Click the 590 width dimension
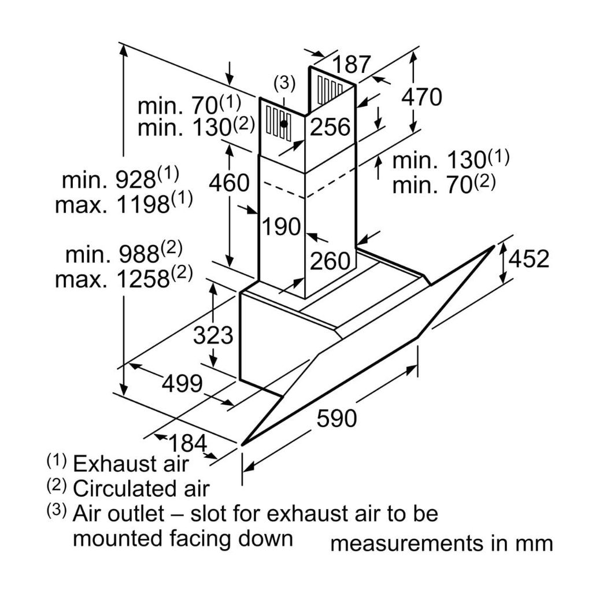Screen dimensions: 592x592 [336, 417]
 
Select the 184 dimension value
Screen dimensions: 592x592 [187, 444]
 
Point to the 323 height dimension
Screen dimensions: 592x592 [212, 335]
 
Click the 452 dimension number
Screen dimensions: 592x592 [528, 259]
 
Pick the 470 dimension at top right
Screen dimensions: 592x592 [421, 97]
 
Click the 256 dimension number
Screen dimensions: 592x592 [330, 127]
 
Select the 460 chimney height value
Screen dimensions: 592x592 [229, 183]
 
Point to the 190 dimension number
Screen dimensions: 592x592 [282, 226]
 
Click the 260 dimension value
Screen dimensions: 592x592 [330, 261]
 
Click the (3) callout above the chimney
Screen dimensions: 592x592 [284, 83]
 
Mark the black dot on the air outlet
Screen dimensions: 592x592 [284, 123]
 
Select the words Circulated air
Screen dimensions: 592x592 [140, 489]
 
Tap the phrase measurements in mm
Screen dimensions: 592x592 [442, 543]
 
